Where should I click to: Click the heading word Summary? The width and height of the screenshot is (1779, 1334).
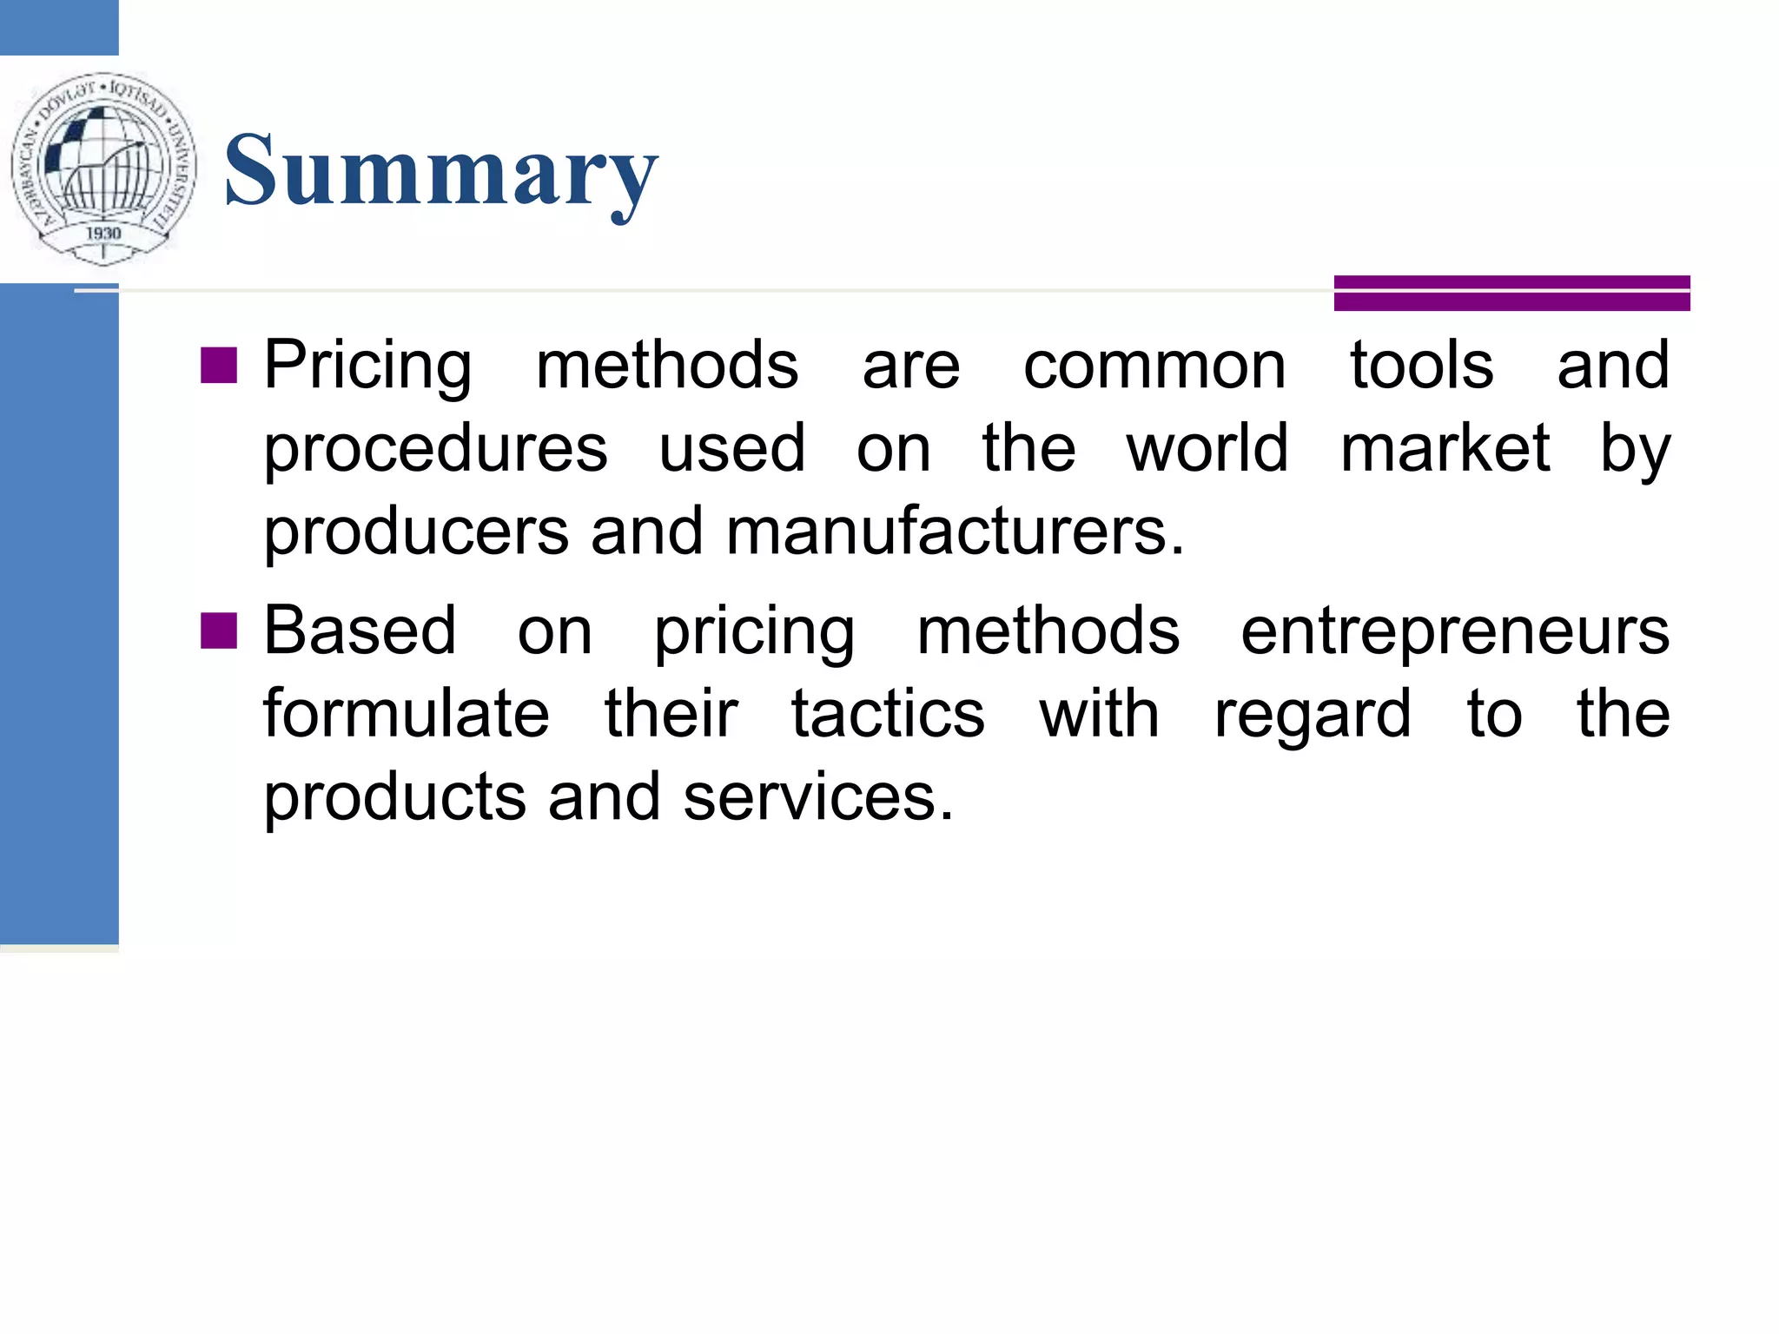coord(441,171)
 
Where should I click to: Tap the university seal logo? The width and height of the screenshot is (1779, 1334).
coord(103,168)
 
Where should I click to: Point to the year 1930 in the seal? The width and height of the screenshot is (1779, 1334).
coord(103,233)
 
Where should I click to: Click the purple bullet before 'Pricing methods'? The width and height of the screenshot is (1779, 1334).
coord(218,366)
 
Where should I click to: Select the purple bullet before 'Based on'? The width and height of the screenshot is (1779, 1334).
coord(218,631)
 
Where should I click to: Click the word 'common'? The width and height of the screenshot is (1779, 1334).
coord(1154,366)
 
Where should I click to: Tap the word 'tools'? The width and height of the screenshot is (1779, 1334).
coord(1421,366)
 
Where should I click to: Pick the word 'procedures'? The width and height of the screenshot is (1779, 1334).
coord(435,449)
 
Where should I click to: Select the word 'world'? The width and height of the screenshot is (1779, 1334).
coord(1207,449)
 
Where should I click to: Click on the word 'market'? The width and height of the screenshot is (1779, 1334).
coord(1445,449)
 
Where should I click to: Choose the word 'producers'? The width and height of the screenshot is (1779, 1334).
coord(416,532)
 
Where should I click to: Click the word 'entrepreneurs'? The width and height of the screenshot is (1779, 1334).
coord(1454,631)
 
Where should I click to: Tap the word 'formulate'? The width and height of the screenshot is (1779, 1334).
coord(407,715)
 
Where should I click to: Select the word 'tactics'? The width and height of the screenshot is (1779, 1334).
coord(888,715)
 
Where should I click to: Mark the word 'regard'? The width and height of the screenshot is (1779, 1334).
coord(1312,715)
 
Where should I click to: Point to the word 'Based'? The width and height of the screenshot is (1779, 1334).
coord(360,631)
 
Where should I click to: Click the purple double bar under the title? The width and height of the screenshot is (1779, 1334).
coord(1511,293)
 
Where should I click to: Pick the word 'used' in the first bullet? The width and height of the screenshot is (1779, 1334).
coord(732,449)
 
